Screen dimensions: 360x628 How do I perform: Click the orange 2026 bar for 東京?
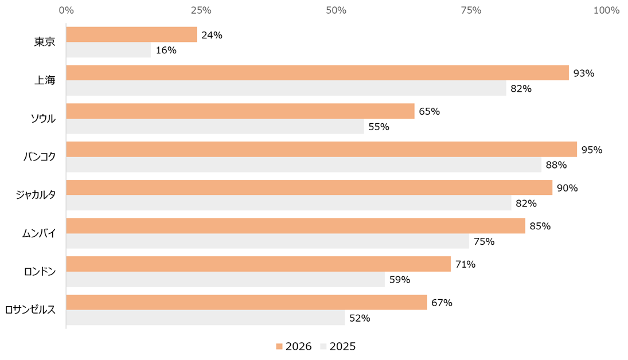click(x=131, y=34)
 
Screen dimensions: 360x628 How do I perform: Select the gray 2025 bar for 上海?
click(x=286, y=88)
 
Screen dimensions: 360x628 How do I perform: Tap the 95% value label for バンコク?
click(x=591, y=150)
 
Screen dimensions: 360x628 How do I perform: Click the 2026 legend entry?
click(x=294, y=346)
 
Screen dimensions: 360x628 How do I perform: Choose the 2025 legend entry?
click(x=338, y=346)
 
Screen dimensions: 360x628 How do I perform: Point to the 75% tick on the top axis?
click(x=471, y=10)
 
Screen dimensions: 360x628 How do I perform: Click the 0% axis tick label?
click(x=67, y=10)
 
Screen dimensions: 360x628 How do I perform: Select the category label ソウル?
click(x=43, y=119)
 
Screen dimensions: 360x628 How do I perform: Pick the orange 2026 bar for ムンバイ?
click(x=295, y=226)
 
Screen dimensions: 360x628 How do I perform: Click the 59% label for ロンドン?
click(x=400, y=280)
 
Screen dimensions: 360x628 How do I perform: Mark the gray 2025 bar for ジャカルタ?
click(x=288, y=203)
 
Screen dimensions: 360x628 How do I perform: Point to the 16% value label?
click(x=166, y=50)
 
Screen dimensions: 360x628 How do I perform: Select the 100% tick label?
click(x=606, y=10)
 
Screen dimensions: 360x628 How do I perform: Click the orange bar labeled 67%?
click(x=247, y=302)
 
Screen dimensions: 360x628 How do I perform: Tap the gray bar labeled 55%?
click(x=215, y=127)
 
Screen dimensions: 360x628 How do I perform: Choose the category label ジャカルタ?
click(x=36, y=195)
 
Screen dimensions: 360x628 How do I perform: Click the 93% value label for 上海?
click(x=583, y=73)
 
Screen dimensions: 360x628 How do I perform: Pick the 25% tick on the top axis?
click(x=201, y=10)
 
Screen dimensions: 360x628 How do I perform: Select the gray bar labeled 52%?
click(x=205, y=318)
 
